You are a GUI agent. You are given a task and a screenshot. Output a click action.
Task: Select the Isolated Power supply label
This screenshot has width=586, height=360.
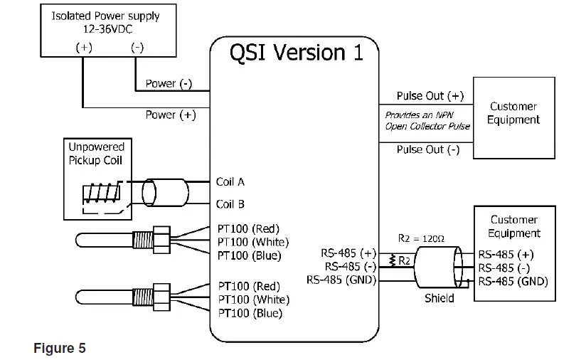coord(105,16)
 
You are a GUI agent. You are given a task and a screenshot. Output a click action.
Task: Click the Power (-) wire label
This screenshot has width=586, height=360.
coord(169,84)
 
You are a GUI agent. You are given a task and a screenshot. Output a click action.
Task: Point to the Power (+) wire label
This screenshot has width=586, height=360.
coord(170,115)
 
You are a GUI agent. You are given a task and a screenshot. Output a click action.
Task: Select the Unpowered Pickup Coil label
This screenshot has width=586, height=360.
coord(96,153)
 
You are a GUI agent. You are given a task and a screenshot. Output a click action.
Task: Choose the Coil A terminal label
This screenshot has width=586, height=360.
coord(230,182)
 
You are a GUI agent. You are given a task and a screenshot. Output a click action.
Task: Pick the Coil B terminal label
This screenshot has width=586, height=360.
coord(230,204)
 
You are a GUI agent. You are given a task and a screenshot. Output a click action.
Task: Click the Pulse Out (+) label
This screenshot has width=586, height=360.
coord(430,96)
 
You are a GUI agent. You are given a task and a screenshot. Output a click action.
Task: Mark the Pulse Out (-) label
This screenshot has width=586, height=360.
coord(427,149)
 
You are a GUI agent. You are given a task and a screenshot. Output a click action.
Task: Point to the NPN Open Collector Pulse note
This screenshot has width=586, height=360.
coord(427,120)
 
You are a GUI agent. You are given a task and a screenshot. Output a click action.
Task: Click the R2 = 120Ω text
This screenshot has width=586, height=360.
coord(420,240)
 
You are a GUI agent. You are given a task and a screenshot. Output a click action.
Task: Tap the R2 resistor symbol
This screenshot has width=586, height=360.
coord(392,260)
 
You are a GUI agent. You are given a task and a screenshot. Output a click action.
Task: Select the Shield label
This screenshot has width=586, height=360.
coord(439,298)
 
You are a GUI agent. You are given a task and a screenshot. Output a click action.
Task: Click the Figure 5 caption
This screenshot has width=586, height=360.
coord(60,348)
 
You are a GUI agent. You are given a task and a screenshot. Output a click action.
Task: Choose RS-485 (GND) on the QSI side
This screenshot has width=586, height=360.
coord(341,280)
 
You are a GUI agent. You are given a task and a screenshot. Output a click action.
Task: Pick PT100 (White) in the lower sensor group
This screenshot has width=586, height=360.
coord(250,300)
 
